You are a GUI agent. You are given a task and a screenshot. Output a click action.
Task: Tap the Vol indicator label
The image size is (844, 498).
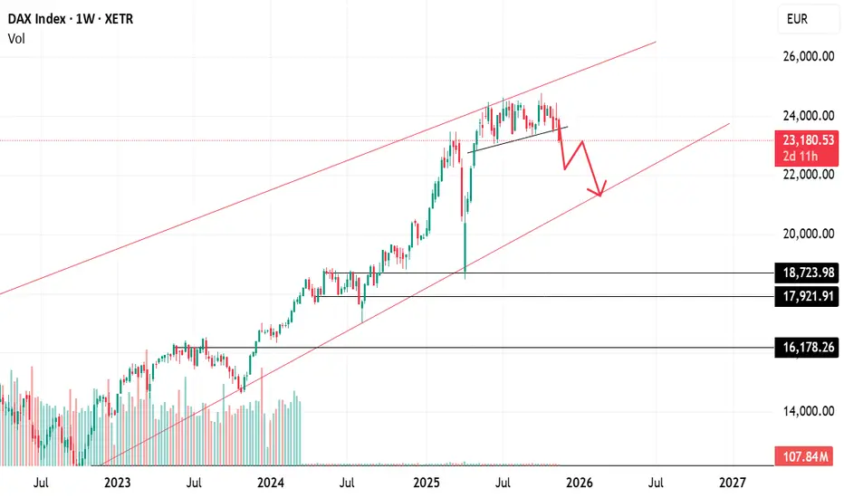point(15,38)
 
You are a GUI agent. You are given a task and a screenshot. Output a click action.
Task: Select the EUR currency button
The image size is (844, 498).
point(797,18)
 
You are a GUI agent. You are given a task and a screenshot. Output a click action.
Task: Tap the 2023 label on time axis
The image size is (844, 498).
point(118,483)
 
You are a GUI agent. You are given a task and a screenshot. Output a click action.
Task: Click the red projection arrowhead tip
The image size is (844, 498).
point(599,195)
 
